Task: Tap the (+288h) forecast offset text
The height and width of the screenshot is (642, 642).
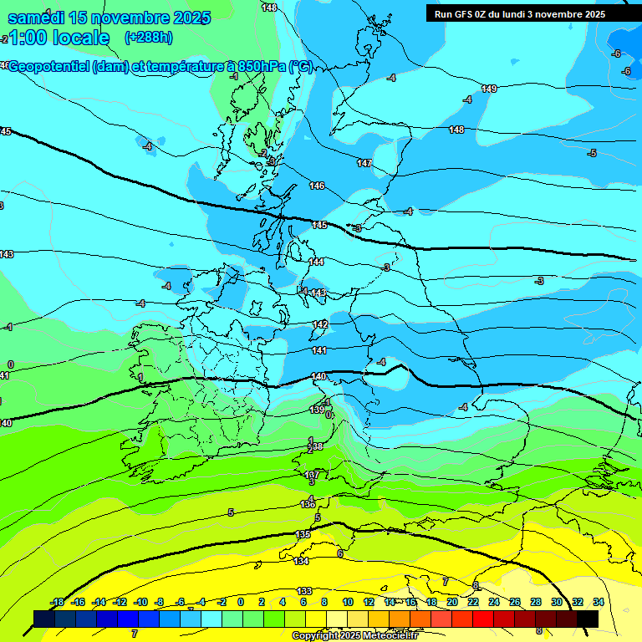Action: tap(148, 38)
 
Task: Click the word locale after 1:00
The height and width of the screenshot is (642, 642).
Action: tap(81, 38)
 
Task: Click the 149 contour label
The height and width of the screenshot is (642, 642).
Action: tap(489, 89)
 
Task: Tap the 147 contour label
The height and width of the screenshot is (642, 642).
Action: tap(364, 163)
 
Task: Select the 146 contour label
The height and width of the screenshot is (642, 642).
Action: tap(317, 186)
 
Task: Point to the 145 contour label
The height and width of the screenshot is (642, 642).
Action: tap(320, 225)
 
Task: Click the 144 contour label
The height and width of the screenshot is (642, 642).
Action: tap(316, 262)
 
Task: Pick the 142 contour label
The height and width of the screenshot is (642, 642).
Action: tap(320, 324)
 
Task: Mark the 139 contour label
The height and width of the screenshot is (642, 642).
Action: tap(317, 410)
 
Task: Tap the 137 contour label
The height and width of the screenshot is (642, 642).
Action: tap(312, 475)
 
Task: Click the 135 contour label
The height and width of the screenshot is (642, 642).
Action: tap(303, 534)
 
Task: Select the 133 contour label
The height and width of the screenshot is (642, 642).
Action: tap(305, 591)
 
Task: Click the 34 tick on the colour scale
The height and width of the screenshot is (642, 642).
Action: tap(598, 602)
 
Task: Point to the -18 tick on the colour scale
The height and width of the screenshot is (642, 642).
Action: tap(58, 602)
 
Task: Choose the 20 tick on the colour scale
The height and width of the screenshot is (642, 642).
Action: tap(452, 602)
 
